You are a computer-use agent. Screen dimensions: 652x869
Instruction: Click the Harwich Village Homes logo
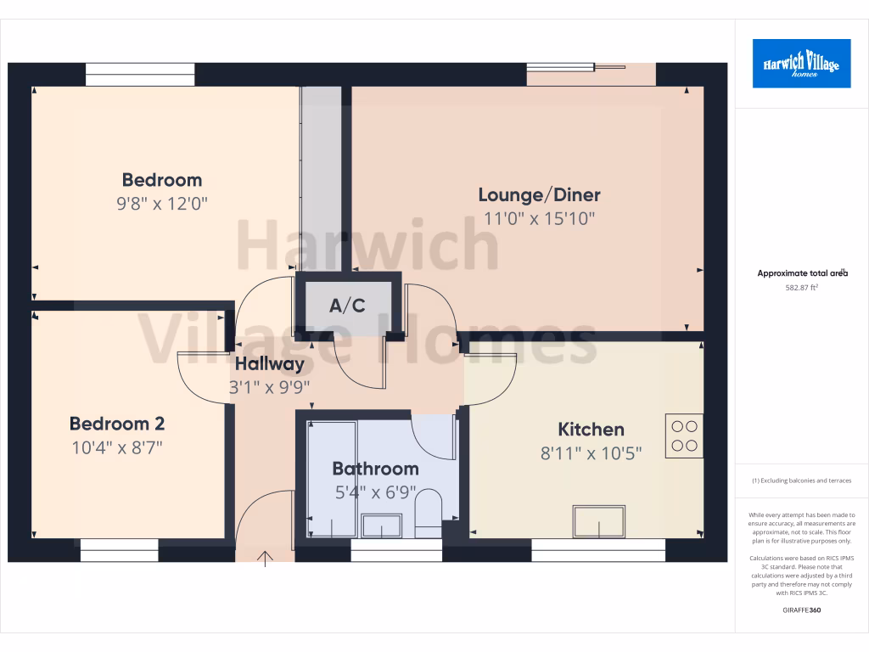[801, 63]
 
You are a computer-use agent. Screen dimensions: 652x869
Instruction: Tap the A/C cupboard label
[347, 306]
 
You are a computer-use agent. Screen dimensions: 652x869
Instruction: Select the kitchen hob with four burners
[684, 436]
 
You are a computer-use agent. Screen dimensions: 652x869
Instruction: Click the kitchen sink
[599, 521]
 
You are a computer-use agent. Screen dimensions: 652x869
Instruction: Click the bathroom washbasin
[382, 526]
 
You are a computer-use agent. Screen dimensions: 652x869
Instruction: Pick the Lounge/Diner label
[539, 195]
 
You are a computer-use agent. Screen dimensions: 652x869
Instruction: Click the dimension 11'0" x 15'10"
[539, 218]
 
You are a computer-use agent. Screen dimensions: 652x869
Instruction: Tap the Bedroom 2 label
[117, 424]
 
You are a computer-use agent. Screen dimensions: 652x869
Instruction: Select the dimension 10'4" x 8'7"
[117, 447]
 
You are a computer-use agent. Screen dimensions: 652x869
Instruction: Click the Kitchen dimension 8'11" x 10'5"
[591, 452]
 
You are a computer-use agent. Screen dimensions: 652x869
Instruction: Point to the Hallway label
[269, 364]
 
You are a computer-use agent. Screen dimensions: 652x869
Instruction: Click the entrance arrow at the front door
[266, 558]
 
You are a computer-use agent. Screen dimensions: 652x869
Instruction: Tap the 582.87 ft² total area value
[802, 288]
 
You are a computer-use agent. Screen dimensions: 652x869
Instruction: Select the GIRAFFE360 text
[802, 610]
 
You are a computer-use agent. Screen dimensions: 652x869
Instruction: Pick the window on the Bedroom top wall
[140, 75]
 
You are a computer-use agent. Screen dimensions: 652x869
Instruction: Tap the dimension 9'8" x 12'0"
[161, 203]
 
